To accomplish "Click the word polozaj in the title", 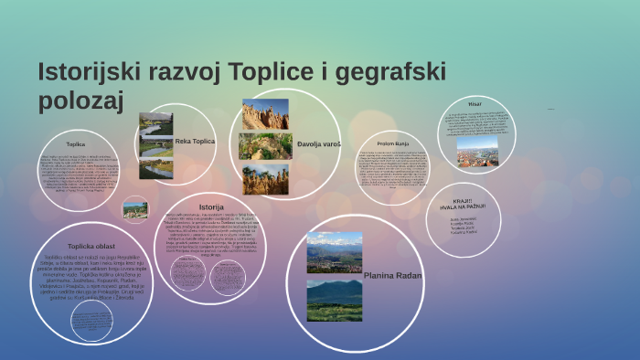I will [80, 101].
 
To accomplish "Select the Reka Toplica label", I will [195, 142].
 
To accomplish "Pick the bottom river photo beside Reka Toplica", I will [155, 169].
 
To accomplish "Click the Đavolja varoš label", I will [319, 144].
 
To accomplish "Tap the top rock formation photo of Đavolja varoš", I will [265, 114].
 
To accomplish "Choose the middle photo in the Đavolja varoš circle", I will [265, 146].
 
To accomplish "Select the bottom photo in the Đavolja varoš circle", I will [265, 179].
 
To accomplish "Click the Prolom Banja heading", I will [391, 143].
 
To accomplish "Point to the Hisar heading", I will [475, 104].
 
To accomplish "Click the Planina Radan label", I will [393, 274].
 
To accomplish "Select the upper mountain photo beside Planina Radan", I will [334, 252].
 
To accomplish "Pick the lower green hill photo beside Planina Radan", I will [334, 300].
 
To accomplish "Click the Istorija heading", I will [211, 207].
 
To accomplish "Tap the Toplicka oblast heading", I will [91, 247].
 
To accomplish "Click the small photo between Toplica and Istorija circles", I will [135, 210].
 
